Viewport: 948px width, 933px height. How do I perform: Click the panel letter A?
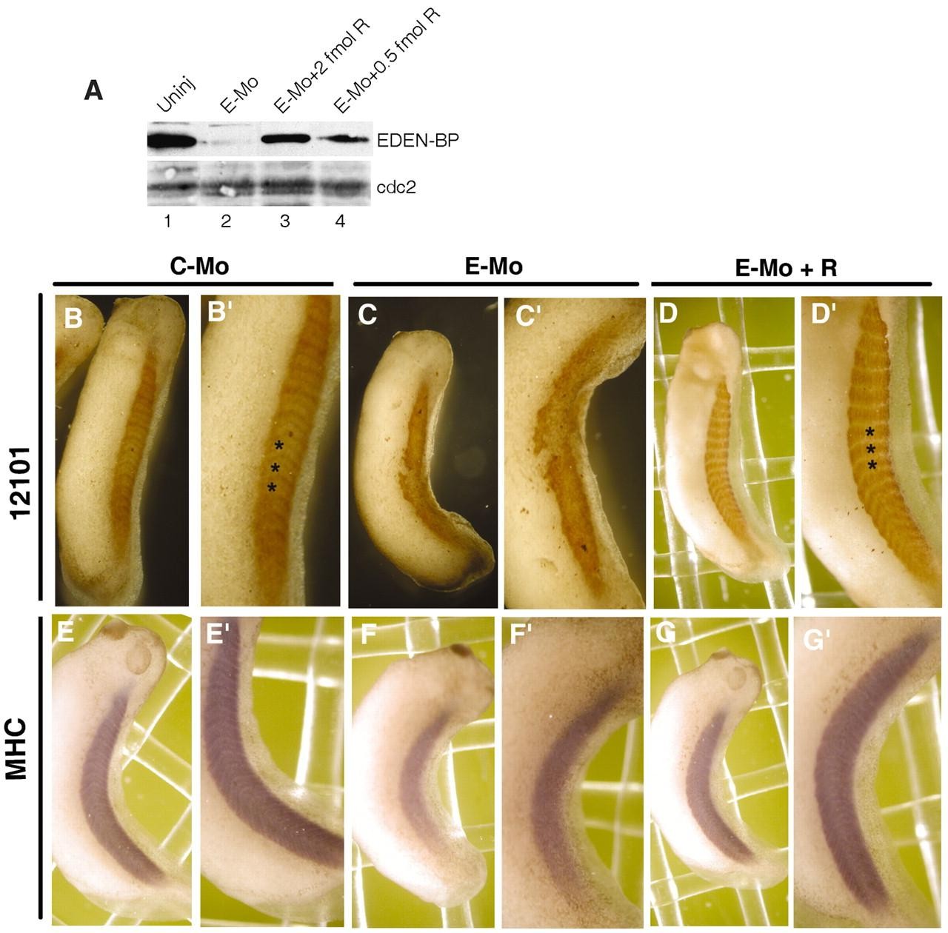tap(93, 90)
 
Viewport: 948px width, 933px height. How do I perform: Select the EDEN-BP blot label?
tap(418, 141)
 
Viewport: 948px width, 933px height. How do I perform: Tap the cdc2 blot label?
tap(396, 187)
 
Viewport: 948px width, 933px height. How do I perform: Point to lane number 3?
tap(284, 221)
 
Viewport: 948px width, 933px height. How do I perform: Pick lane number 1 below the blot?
tap(168, 221)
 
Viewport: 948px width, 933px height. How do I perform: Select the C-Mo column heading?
tap(199, 267)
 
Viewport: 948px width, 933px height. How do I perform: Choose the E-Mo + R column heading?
tap(786, 268)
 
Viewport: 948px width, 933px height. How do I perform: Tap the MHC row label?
tap(18, 749)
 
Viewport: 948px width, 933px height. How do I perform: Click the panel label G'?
tap(815, 641)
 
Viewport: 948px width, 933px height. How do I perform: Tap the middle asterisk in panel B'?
tap(276, 467)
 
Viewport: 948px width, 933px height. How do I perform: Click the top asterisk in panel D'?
tap(870, 432)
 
